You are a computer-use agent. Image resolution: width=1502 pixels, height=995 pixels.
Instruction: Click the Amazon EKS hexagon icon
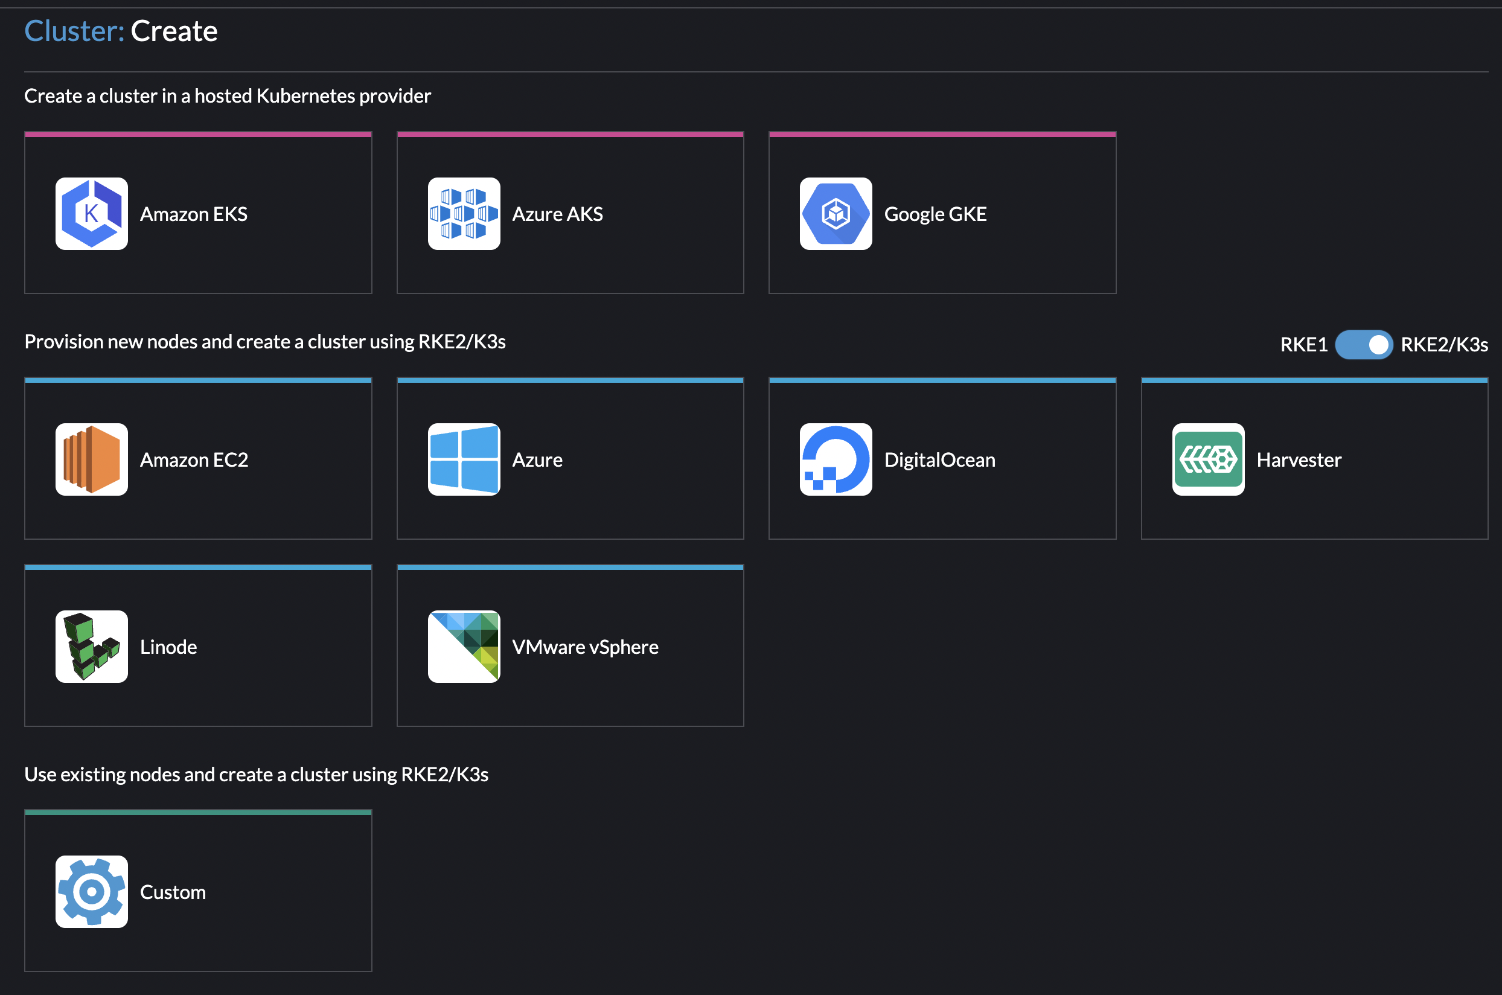91,214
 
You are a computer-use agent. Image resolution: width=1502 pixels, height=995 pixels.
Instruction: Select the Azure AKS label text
557,214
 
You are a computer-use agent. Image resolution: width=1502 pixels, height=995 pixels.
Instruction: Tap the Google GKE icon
836,214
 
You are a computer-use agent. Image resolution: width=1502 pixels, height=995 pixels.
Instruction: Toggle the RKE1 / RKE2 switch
1364,345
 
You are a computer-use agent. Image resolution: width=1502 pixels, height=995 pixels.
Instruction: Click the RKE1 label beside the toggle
1303,345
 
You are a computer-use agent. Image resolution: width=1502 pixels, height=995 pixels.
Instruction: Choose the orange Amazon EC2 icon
91,459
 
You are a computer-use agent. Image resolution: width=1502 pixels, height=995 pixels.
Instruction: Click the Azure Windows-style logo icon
464,459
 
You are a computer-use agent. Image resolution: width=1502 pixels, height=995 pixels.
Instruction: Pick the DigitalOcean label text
939,460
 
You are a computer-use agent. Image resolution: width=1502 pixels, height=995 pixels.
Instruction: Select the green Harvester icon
1208,459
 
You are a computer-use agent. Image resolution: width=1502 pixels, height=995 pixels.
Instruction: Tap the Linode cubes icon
91,647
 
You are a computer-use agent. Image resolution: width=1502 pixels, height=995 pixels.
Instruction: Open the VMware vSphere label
585,647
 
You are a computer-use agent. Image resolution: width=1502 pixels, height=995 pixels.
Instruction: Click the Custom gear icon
91,892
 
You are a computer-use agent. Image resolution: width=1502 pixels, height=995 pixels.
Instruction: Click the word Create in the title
174,31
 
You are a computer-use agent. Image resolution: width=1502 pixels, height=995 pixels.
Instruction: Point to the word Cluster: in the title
74,31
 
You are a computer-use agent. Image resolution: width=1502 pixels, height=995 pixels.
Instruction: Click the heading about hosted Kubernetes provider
227,96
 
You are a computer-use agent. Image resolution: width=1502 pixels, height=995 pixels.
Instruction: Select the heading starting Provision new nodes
264,342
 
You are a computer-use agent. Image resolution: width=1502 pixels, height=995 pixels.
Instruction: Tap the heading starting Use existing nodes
256,775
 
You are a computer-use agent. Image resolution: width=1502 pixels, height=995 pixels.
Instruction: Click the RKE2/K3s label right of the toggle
1444,345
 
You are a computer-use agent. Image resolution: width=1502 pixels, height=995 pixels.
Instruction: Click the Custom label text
173,892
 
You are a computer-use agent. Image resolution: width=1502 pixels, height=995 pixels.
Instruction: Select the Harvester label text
1299,460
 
